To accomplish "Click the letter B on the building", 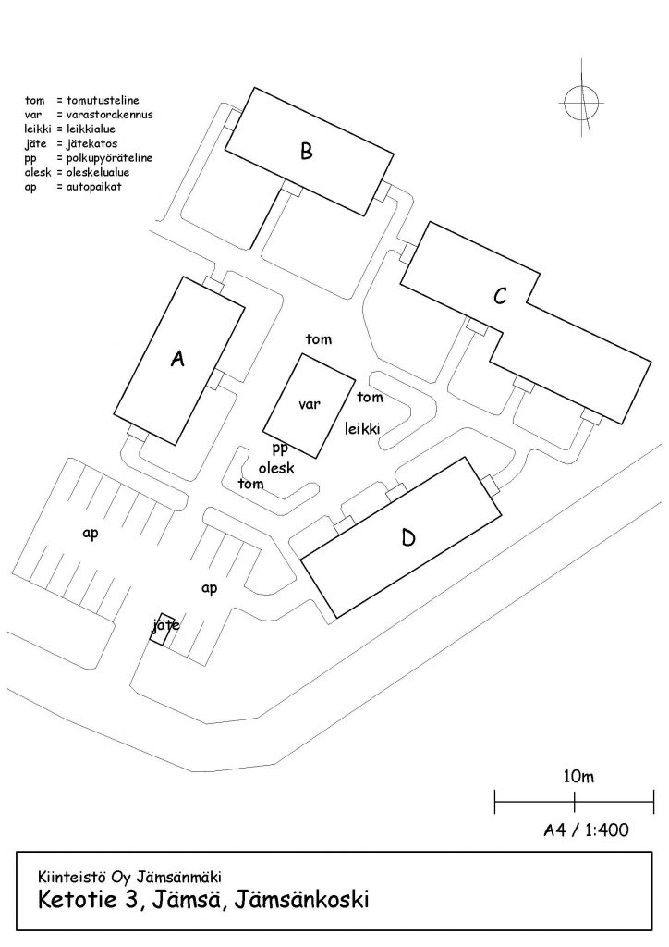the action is click(x=307, y=151).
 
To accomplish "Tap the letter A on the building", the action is click(x=176, y=359).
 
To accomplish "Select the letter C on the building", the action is click(x=500, y=297).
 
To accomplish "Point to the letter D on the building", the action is click(x=408, y=537).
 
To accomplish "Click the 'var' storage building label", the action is click(x=310, y=404).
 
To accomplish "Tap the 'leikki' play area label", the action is click(x=362, y=428).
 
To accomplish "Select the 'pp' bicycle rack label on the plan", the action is click(x=280, y=449).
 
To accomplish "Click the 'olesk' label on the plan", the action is click(x=276, y=467).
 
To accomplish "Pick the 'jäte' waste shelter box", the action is click(x=163, y=629).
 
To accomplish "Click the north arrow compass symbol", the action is click(x=581, y=102).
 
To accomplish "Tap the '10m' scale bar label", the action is click(x=578, y=776).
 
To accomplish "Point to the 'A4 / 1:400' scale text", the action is click(x=586, y=830).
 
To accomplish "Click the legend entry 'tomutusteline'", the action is click(x=103, y=100).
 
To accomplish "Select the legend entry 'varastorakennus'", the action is click(x=109, y=114).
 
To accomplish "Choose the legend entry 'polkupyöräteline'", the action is click(x=109, y=158).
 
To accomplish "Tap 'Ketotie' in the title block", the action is click(x=77, y=899).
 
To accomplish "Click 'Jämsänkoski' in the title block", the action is click(x=301, y=899).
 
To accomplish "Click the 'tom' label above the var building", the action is click(x=319, y=339).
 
